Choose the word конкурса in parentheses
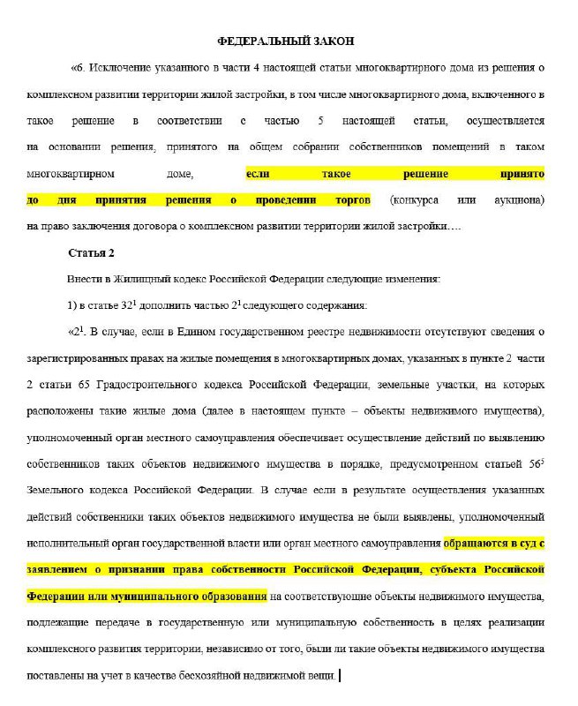tap(417, 199)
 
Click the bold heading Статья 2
tap(92, 253)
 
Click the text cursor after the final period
tap(340, 677)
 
